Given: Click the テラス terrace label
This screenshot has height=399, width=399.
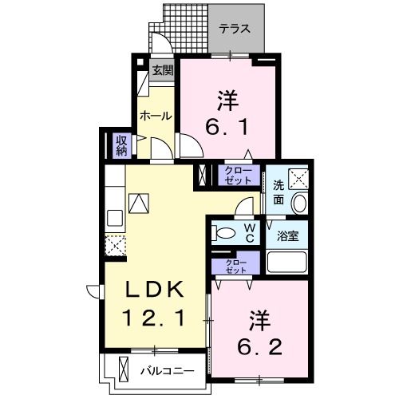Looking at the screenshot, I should coord(235,28).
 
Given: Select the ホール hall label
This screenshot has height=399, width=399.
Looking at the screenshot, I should coord(156,116).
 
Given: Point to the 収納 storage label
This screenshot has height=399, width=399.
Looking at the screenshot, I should coord(122,145).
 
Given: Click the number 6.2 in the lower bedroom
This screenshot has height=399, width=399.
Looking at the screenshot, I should coord(257,334).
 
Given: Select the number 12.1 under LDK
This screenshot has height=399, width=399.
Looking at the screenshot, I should coord(156,318).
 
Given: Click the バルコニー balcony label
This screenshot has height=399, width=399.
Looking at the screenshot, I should coord(168,370).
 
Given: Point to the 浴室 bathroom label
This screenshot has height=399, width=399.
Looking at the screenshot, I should coord(287,237).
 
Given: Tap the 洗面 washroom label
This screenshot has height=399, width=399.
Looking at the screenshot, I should coord(279,192).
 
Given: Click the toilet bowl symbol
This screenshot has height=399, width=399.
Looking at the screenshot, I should coord(225,234).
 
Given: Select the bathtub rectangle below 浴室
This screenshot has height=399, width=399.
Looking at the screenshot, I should coord(286,262).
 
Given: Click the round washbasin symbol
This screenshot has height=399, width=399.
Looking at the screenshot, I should coord(298,204).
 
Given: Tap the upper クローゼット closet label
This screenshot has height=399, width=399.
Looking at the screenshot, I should coord(237,175).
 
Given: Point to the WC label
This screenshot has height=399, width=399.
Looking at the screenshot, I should coord(249,233).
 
